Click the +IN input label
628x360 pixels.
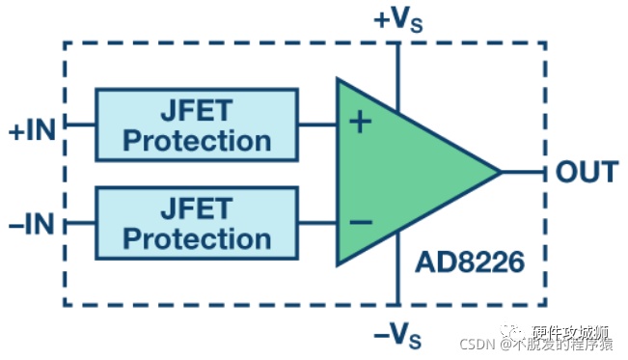coord(33,130)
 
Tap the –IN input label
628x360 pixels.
coord(32,224)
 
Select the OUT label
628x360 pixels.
coord(587,172)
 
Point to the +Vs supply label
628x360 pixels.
coord(398,19)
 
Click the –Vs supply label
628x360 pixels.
coord(397,336)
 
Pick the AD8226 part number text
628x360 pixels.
coord(470,263)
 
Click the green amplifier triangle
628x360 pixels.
coord(400,172)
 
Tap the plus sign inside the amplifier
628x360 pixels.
coord(361,122)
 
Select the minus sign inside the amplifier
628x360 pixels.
coord(361,222)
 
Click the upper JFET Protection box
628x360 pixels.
coord(197,125)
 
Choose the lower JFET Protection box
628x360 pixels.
coord(197,223)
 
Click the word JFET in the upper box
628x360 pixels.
coord(197,110)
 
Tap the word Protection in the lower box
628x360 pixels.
coord(197,239)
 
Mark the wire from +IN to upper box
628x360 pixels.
coord(80,125)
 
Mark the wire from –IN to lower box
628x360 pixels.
coord(80,223)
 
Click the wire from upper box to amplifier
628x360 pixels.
coord(317,125)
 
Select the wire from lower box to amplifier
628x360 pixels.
coord(317,223)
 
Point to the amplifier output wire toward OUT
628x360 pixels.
coord(523,172)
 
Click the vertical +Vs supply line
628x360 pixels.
coord(397,76)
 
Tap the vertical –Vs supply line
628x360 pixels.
coord(397,268)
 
